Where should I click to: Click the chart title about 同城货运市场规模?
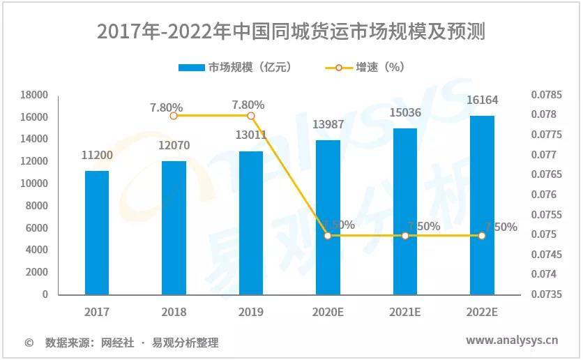291,31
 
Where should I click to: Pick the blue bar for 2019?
251,223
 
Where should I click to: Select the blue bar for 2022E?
482,205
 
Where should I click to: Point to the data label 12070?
174,145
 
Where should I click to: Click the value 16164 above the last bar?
482,100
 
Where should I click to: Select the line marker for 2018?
174,115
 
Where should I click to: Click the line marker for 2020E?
328,236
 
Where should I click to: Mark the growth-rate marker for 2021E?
405,236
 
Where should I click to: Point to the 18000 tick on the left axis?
34,95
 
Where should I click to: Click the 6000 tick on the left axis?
37,228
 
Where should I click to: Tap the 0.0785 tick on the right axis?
546,95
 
